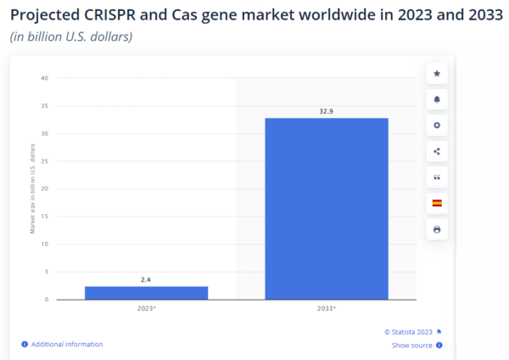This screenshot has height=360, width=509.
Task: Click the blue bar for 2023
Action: coord(146,293)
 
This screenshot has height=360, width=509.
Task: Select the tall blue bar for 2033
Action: coord(327,208)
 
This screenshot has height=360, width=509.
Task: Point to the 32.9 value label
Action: coord(327,111)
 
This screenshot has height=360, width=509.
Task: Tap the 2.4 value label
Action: coord(146,279)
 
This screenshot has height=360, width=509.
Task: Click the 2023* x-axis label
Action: coord(146,308)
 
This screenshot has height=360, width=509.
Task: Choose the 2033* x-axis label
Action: coord(327,308)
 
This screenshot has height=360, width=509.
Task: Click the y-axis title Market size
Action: coord(32,188)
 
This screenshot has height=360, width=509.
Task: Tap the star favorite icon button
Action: coord(437,74)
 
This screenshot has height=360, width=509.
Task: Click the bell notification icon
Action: coord(437,99)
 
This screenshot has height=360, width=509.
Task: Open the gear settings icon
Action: coord(437,126)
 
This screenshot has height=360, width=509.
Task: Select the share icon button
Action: coord(437,151)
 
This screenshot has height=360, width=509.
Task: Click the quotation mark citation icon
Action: coord(437,177)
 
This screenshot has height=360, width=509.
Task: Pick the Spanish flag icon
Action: coord(437,204)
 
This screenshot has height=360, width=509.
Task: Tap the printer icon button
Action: coord(437,229)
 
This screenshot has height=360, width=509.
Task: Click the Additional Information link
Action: coord(66,344)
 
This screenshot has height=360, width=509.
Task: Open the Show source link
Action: coord(411,346)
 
